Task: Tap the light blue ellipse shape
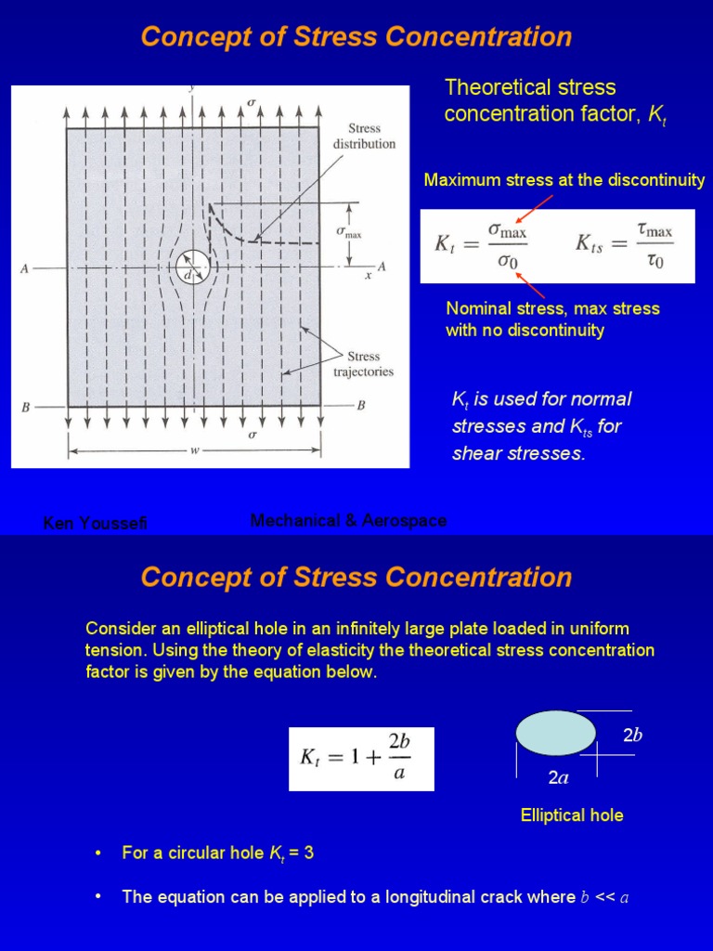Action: pyautogui.click(x=556, y=732)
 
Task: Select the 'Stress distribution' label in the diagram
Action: pyautogui.click(x=364, y=137)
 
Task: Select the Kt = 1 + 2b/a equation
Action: pyautogui.click(x=361, y=758)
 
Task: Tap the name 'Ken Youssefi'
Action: pyautogui.click(x=95, y=524)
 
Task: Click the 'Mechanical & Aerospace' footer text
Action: pyautogui.click(x=348, y=521)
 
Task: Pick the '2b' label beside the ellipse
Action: pyautogui.click(x=632, y=736)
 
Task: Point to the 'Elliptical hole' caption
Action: pyautogui.click(x=572, y=815)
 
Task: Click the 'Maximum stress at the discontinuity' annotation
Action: pyautogui.click(x=564, y=180)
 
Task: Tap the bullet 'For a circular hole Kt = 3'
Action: pyautogui.click(x=217, y=853)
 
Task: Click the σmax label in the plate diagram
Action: pyautogui.click(x=348, y=232)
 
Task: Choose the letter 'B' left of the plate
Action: pyautogui.click(x=26, y=407)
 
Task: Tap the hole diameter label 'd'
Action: pyautogui.click(x=188, y=275)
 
